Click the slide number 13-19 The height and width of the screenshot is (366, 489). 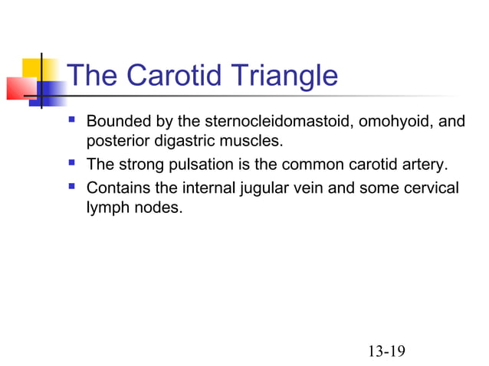(386, 351)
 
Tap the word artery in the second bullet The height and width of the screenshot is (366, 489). (425, 165)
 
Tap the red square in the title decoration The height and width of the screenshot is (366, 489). (20, 88)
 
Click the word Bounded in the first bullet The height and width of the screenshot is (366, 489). (117, 122)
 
